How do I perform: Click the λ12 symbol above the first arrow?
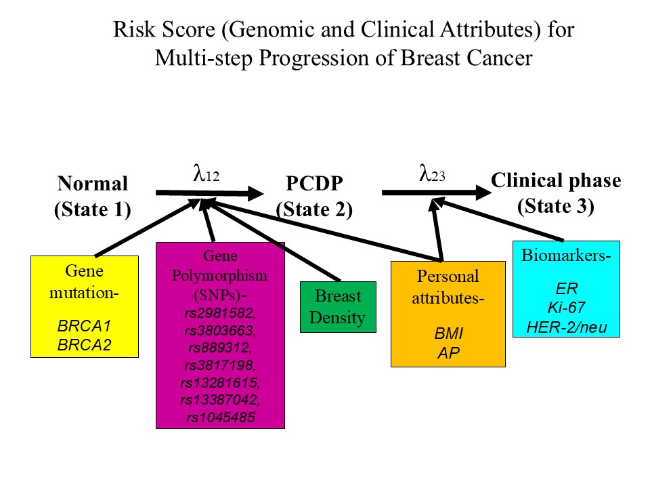207,174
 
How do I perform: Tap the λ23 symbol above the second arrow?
432,174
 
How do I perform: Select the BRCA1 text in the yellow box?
84,326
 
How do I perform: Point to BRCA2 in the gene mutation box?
84,345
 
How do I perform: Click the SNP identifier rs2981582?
220,313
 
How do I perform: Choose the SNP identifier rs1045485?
221,418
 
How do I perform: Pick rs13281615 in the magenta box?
220,382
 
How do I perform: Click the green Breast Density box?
338,307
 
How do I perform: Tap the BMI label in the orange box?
448,333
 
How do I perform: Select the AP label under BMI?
448,353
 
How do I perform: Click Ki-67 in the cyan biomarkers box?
566,308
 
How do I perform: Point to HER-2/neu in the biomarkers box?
566,328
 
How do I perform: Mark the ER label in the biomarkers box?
566,289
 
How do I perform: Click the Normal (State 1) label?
93,197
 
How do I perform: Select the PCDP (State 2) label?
314,197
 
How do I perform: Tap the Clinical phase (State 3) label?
556,193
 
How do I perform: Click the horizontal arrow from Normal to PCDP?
210,193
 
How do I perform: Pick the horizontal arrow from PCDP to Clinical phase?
437,192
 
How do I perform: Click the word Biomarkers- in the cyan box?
566,256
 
